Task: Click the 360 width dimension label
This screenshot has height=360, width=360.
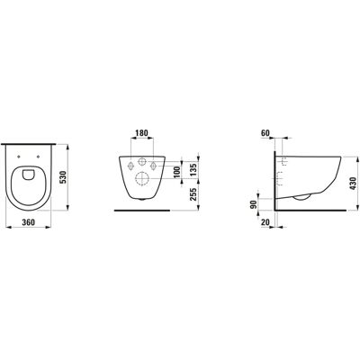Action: pyautogui.click(x=29, y=222)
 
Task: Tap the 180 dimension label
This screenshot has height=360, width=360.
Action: pyautogui.click(x=141, y=132)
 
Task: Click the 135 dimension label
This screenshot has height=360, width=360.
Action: pyautogui.click(x=193, y=169)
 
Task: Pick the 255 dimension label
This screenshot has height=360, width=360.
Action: pyautogui.click(x=193, y=194)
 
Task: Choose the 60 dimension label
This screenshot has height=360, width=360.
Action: pyautogui.click(x=265, y=133)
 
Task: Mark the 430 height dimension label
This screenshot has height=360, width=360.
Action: pyautogui.click(x=353, y=184)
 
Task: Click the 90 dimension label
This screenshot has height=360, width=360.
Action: pyautogui.click(x=254, y=205)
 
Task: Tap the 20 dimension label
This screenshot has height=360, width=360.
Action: pyautogui.click(x=265, y=222)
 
